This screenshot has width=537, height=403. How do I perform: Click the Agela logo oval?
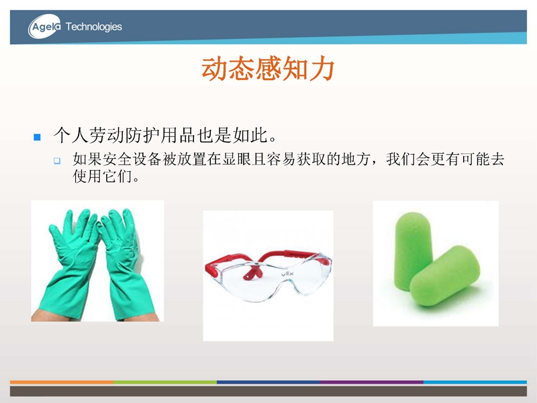[x=44, y=26]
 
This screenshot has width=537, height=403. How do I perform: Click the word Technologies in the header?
[x=93, y=27]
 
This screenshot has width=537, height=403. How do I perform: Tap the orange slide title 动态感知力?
[x=268, y=69]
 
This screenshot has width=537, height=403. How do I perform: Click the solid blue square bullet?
[x=38, y=138]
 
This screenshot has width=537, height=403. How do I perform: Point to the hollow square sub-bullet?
[x=57, y=161]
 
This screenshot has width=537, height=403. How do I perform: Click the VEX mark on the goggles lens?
[x=287, y=274]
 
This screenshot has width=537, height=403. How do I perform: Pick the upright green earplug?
[x=413, y=250]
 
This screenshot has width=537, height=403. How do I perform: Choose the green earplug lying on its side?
[x=445, y=276]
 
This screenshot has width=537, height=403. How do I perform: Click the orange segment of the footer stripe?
[x=62, y=382]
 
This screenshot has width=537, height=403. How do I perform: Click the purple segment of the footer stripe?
[x=372, y=382]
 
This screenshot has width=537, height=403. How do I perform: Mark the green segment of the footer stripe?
[x=165, y=382]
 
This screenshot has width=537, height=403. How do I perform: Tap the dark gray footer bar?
[x=268, y=392]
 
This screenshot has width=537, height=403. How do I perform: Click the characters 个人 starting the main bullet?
[x=71, y=135]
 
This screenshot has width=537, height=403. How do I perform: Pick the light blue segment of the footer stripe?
[x=475, y=382]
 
